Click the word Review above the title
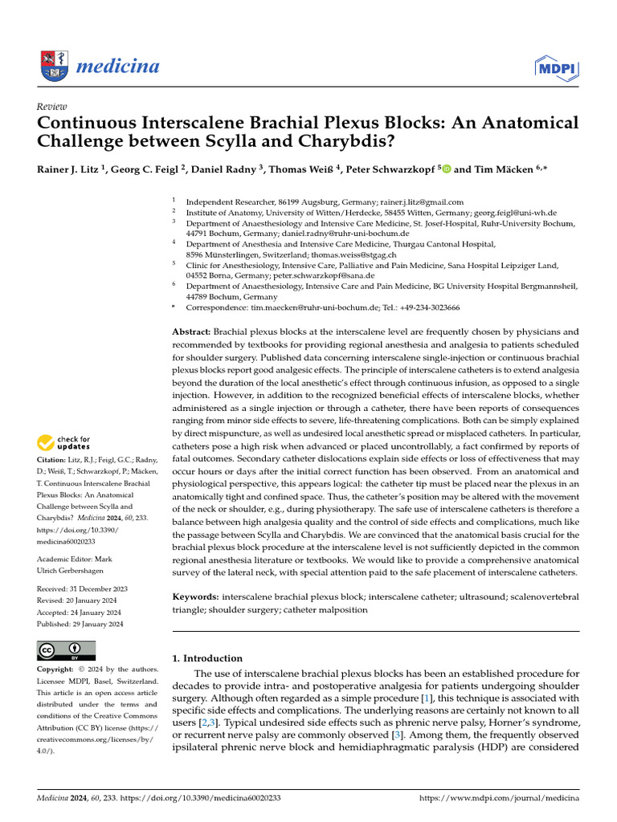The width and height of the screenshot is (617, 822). coord(51,107)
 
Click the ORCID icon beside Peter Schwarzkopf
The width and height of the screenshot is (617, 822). coord(447,170)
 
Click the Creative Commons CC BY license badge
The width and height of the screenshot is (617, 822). coord(66,650)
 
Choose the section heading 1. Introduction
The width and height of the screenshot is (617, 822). coord(207,658)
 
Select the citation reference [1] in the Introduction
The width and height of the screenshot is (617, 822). coord(427,698)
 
